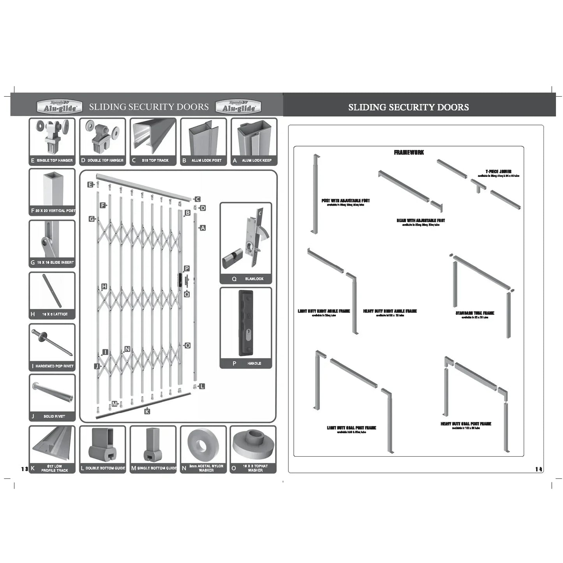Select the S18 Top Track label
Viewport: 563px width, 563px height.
155,161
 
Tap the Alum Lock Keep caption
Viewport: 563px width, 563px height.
256,161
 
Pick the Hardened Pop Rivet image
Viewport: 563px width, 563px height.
52,342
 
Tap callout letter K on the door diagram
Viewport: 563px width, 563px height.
147,411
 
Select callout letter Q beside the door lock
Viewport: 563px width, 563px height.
187,294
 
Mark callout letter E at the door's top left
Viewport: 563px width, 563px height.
90,185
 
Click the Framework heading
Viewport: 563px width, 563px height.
409,152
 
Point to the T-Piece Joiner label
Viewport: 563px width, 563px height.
498,171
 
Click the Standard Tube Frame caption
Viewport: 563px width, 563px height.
475,313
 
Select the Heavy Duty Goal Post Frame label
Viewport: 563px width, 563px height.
466,424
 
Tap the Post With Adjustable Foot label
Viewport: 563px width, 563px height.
345,201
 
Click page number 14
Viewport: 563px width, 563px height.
538,469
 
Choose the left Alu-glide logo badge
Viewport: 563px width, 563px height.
60,107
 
